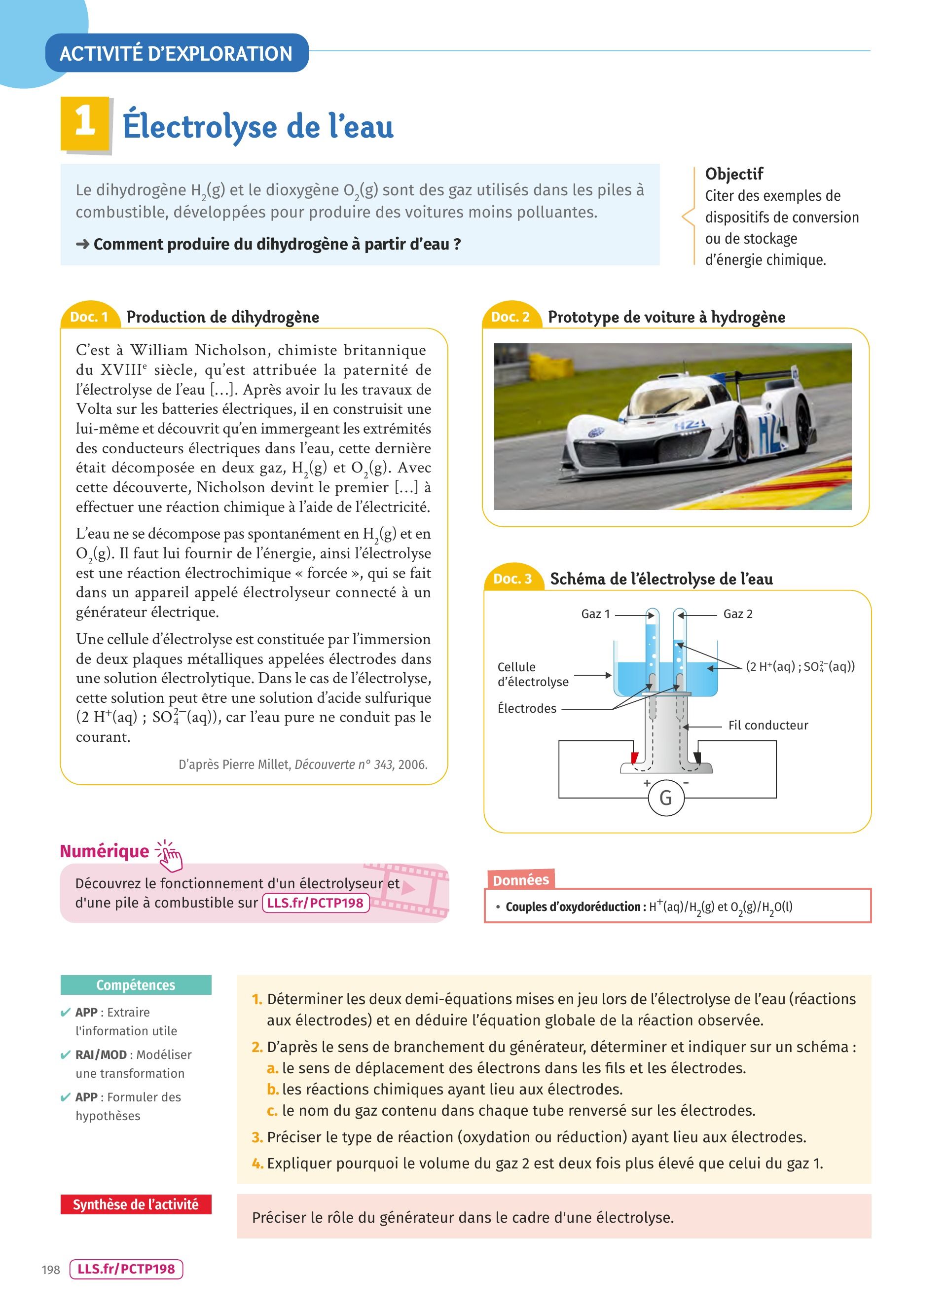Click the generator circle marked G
pyautogui.click(x=666, y=798)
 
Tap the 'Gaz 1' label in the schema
pyautogui.click(x=595, y=614)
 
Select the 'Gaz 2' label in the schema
pyautogui.click(x=737, y=614)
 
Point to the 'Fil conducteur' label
pyautogui.click(x=767, y=726)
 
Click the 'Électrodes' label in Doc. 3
pyautogui.click(x=527, y=709)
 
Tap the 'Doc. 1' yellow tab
pyautogui.click(x=89, y=317)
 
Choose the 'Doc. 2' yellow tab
pyautogui.click(x=510, y=317)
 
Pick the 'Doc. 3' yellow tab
pyautogui.click(x=512, y=579)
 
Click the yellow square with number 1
pyautogui.click(x=84, y=123)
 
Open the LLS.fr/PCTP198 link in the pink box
pyautogui.click(x=315, y=903)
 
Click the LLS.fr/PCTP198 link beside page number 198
pyautogui.click(x=126, y=1269)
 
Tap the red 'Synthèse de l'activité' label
pyautogui.click(x=136, y=1204)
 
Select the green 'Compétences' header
pyautogui.click(x=136, y=985)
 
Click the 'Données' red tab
pyautogui.click(x=520, y=880)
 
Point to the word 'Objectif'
pyautogui.click(x=734, y=174)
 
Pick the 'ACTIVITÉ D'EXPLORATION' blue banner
pyautogui.click(x=176, y=54)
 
